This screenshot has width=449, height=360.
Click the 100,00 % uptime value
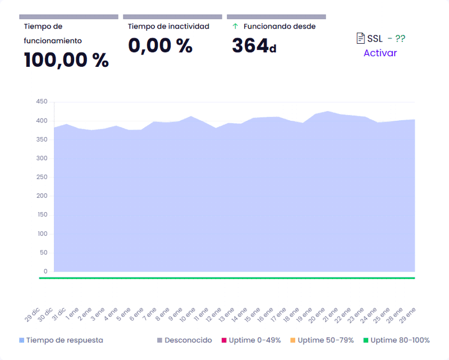point(66,60)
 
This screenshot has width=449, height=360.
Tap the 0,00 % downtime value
point(160,45)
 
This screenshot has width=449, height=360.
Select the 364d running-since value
point(254,45)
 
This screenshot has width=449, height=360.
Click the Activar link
point(380,53)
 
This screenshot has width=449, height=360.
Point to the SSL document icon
point(361,38)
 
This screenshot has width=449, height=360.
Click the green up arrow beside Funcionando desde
point(235,26)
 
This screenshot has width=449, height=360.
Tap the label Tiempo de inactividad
point(168,26)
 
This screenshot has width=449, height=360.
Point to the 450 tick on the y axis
point(42,102)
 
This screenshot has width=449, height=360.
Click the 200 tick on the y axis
point(42,196)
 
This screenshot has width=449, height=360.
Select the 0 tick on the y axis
point(45,271)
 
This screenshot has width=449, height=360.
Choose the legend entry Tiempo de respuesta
point(64,340)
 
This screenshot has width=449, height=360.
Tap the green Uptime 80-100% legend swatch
point(366,340)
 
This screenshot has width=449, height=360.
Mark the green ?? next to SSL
point(400,38)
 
